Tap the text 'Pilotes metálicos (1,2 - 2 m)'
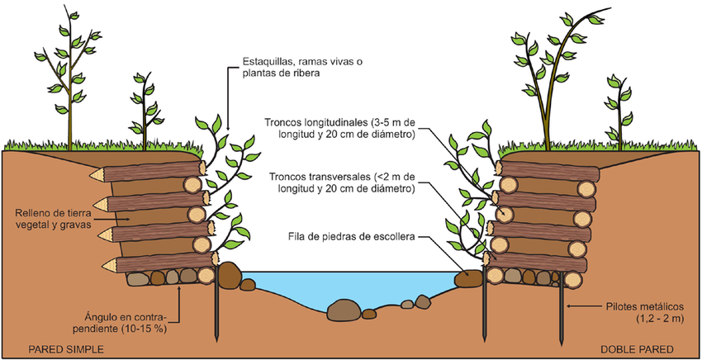point(645,311)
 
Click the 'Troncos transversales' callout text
point(339,182)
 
